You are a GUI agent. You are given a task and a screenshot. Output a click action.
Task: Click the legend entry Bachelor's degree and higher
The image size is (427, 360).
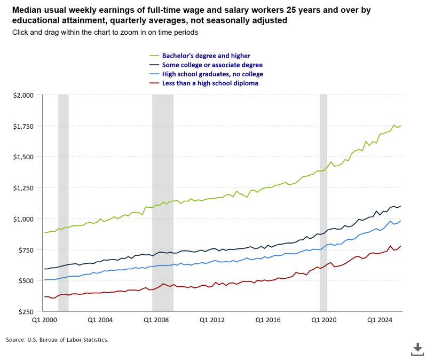point(205,56)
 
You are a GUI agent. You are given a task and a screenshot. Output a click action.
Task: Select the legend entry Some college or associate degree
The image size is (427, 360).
point(211,65)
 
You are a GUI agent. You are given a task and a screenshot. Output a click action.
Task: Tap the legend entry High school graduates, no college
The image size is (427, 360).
point(212,74)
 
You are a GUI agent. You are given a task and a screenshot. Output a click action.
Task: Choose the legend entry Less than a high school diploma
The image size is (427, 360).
point(210,83)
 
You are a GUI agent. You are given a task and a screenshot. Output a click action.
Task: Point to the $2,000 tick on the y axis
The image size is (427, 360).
point(23,95)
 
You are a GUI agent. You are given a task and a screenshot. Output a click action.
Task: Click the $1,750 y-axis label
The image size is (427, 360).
point(23,126)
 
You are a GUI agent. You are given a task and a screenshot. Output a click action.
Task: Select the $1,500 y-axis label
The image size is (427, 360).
point(23,157)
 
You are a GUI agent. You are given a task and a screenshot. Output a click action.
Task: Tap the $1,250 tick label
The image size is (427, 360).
point(23,188)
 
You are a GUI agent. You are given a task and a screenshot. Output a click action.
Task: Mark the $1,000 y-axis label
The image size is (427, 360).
point(23,219)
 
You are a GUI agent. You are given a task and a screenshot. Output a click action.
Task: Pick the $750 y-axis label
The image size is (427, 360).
point(26,250)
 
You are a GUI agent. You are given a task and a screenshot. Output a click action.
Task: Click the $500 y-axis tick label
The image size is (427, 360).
point(26,281)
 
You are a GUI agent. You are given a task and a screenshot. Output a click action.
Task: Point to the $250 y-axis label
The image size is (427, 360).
point(26,311)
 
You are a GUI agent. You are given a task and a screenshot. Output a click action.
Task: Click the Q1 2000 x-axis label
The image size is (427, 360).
point(43,320)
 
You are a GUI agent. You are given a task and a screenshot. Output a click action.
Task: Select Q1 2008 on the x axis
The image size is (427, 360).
point(155,320)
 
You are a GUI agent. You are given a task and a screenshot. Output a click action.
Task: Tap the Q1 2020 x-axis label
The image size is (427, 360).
point(323,320)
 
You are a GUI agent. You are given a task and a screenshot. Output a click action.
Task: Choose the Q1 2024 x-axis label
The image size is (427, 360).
point(379,320)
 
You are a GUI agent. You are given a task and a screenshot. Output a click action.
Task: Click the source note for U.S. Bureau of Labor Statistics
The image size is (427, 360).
point(57,340)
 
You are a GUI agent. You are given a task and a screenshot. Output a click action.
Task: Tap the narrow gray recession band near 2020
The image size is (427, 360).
point(323,203)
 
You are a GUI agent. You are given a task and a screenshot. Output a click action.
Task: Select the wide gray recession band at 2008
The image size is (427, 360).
point(163,203)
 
